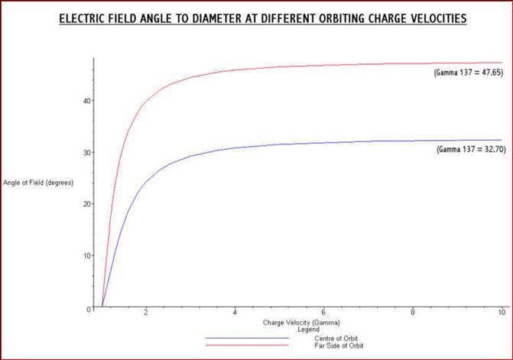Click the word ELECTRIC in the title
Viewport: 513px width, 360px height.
coord(93,17)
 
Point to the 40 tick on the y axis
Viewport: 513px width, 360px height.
coord(88,100)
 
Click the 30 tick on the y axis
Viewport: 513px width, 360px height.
coord(88,152)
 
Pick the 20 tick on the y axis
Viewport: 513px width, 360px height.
coord(88,203)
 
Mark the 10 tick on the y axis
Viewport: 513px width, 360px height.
coord(88,255)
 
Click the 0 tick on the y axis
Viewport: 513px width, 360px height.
coord(89,307)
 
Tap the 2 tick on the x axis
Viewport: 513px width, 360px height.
coord(145,313)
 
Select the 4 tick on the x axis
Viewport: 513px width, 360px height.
coord(235,313)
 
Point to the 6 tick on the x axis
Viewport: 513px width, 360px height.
coord(324,313)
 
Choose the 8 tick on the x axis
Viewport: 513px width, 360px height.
coord(413,313)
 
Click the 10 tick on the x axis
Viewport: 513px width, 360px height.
coord(501,313)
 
